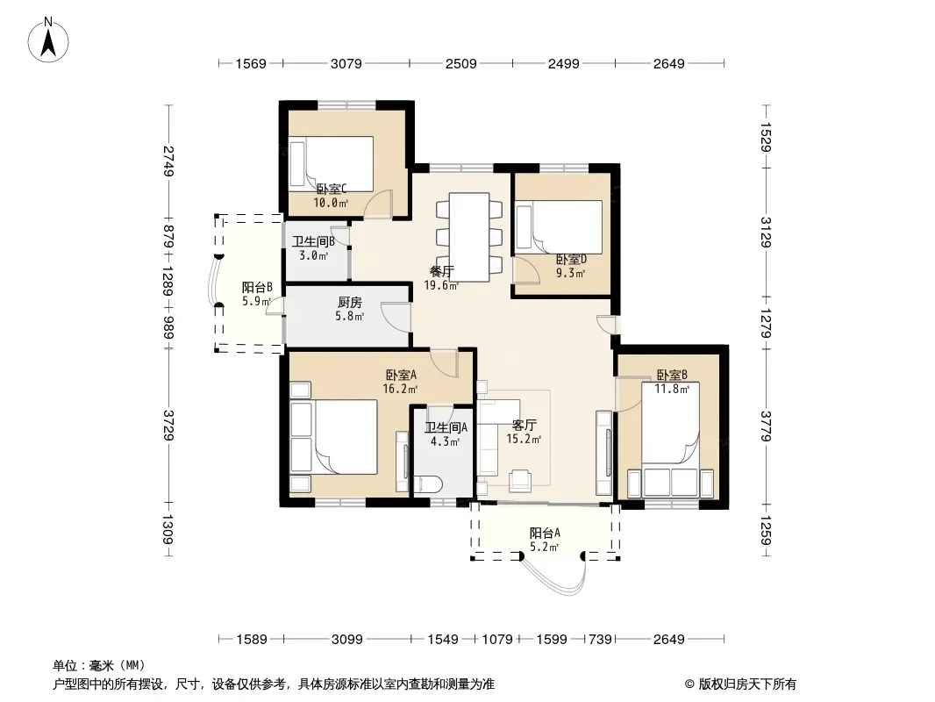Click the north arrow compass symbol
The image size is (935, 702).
(x=48, y=40)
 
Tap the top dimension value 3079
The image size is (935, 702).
(x=346, y=63)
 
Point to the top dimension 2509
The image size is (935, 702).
(x=461, y=63)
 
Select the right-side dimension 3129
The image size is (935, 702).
(x=767, y=232)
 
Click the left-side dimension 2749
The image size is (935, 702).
(x=168, y=161)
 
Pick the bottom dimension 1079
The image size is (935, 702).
(x=497, y=640)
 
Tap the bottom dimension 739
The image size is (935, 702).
(x=600, y=640)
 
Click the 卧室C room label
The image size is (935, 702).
(x=331, y=189)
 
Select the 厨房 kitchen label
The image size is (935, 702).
(x=349, y=303)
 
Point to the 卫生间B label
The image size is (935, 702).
(x=313, y=241)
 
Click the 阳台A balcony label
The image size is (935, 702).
(x=545, y=533)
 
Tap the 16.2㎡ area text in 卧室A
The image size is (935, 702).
(x=399, y=389)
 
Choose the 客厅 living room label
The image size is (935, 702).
(x=525, y=426)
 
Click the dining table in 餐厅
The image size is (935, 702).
(x=469, y=237)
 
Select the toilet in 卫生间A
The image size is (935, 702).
(x=427, y=484)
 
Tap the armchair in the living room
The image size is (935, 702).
(x=521, y=481)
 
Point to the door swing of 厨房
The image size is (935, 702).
(x=396, y=314)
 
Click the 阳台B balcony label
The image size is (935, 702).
(x=257, y=288)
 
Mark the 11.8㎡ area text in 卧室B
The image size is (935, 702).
(x=672, y=389)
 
